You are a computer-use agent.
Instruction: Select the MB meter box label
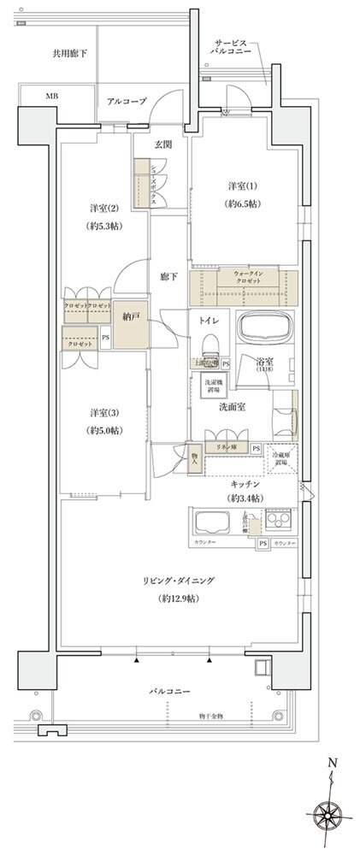pyautogui.click(x=51, y=96)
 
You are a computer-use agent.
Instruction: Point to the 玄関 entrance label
pyautogui.click(x=162, y=144)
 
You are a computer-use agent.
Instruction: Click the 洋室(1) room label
pyautogui.click(x=242, y=186)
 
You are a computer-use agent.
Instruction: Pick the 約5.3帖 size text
pyautogui.click(x=103, y=227)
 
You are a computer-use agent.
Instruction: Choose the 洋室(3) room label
pyautogui.click(x=103, y=411)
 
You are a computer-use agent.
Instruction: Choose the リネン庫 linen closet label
pyautogui.click(x=226, y=447)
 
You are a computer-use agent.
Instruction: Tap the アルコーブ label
pyautogui.click(x=127, y=102)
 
